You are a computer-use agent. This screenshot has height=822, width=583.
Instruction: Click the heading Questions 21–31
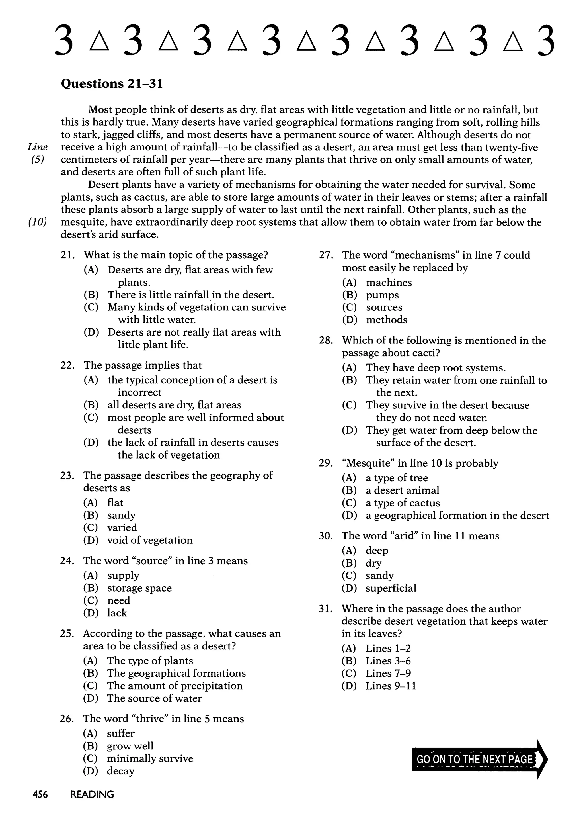[112, 84]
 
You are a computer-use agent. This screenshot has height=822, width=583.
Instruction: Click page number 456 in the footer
[40, 794]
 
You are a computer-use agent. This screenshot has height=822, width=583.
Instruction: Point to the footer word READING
[92, 794]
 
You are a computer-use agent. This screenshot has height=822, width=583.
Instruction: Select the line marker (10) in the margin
[37, 222]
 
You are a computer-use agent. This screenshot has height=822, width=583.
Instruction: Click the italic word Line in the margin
[38, 147]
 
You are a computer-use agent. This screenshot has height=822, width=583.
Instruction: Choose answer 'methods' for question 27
[386, 320]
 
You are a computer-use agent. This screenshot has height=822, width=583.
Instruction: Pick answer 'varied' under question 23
[122, 527]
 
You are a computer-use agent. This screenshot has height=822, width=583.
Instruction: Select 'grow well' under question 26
[130, 746]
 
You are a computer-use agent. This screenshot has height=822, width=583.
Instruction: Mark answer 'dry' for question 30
[373, 563]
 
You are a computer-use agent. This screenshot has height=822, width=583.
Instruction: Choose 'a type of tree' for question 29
[397, 478]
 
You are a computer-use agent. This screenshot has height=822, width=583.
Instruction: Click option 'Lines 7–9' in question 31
[388, 673]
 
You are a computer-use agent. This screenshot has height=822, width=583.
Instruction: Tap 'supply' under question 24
[123, 576]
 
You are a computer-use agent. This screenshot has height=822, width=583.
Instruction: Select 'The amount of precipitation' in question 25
[175, 686]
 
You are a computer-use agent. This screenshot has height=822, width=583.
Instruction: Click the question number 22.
[67, 366]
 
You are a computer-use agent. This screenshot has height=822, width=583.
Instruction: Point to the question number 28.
[326, 340]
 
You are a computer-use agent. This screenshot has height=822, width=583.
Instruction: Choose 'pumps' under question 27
[382, 295]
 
